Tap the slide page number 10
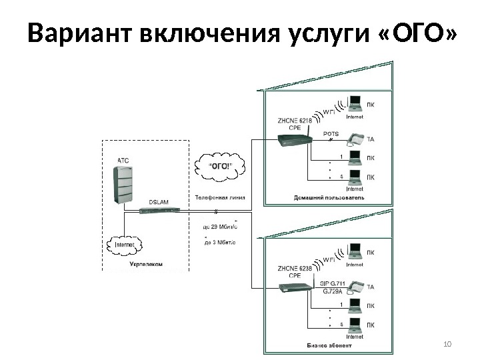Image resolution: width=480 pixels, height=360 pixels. [447, 344]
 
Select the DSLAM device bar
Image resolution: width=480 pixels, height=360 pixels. [159, 209]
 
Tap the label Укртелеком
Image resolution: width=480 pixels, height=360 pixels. [145, 265]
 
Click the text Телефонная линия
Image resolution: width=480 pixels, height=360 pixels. [220, 197]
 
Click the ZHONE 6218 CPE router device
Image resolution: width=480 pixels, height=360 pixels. [293, 140]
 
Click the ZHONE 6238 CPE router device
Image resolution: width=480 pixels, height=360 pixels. [293, 288]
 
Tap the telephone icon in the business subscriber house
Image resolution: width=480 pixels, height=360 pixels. [354, 287]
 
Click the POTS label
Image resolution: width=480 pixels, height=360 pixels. [331, 133]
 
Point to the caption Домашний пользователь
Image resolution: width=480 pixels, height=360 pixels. [329, 198]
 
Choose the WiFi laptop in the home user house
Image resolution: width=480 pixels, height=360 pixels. [355, 104]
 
